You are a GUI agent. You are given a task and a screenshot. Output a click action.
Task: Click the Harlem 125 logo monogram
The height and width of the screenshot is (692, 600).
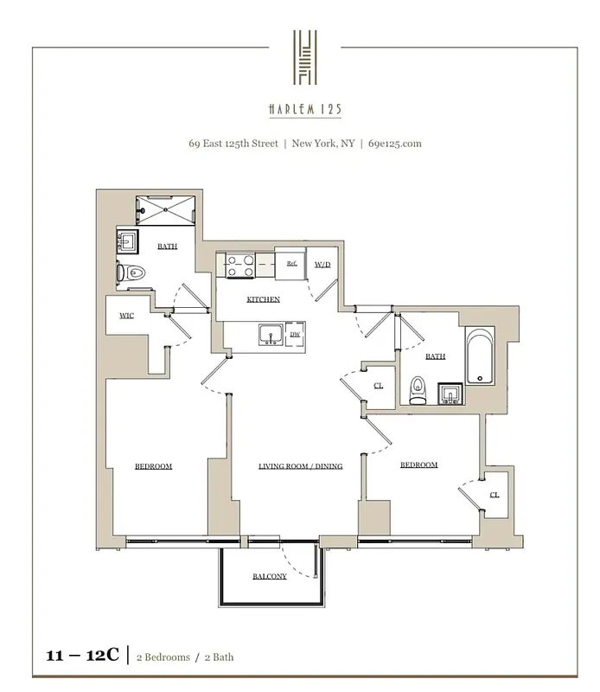(304, 57)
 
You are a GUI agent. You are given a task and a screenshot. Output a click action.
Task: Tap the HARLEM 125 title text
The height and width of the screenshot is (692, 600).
(304, 110)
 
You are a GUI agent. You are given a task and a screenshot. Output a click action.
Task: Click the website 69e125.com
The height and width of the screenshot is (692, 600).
(395, 144)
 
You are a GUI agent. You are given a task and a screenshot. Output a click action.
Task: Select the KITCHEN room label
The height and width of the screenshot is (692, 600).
(264, 299)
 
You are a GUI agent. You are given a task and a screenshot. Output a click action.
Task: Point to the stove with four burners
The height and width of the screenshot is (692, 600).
(239, 266)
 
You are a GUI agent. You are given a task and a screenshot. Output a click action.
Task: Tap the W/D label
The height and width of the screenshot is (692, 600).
(322, 264)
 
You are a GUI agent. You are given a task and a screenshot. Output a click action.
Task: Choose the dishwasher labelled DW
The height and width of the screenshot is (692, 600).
(295, 334)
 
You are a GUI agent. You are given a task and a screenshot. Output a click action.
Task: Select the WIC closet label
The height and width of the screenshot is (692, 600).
(126, 316)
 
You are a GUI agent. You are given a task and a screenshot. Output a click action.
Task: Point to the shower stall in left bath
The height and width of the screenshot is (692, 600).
(165, 209)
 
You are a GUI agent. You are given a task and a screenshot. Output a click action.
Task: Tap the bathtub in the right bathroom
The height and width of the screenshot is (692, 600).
(479, 356)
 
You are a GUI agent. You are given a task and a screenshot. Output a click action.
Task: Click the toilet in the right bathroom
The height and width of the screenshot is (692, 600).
(418, 391)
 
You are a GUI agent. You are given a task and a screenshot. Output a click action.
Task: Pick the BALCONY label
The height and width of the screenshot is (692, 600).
(270, 577)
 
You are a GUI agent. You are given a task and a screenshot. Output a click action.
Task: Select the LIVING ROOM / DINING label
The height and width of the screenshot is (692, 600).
(300, 466)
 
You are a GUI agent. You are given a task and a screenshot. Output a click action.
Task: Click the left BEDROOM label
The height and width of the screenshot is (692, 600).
(153, 466)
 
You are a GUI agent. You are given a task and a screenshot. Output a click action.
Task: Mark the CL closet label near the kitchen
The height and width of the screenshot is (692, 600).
(378, 385)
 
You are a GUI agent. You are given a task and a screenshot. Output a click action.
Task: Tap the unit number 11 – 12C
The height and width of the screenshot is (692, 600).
(82, 657)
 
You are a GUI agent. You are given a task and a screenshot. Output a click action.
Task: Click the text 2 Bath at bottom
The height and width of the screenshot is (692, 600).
(219, 657)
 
